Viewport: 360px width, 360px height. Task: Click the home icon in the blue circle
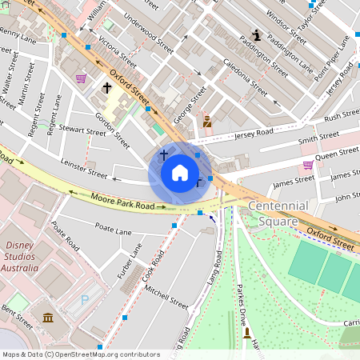tap(180, 173)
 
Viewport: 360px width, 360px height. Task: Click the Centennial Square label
tap(278, 213)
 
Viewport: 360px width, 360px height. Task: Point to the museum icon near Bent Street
tap(48, 318)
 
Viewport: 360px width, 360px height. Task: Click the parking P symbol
tap(85, 302)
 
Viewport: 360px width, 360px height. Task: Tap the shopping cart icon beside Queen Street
tap(308, 165)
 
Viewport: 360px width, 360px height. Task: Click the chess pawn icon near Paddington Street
tap(256, 35)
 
